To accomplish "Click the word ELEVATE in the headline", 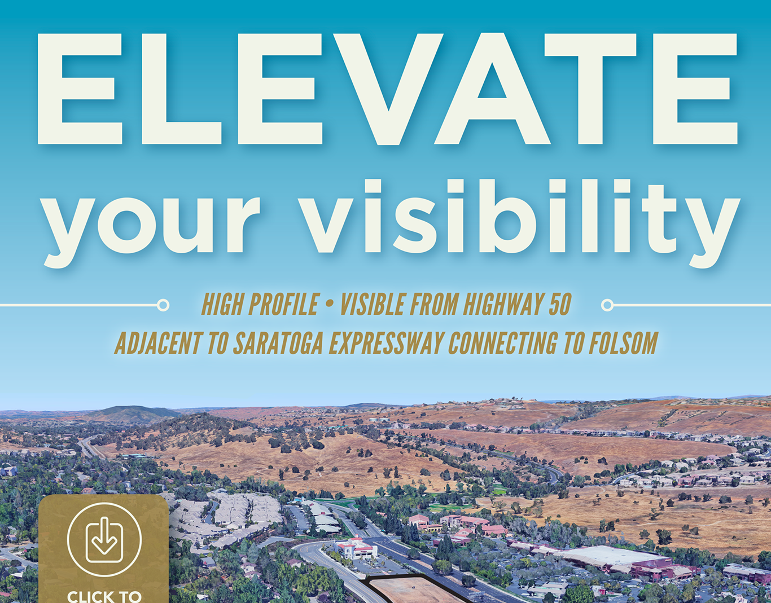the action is pos(387,89).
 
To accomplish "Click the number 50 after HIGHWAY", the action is pos(560,304).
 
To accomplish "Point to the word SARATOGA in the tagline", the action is pos(278,343).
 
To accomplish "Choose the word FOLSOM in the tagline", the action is pos(623,343).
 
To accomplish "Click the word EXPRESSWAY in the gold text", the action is pos(387,343).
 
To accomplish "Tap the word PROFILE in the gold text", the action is pos(284,304).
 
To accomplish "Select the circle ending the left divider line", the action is pos(163,305).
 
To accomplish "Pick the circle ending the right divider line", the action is pos(607,305).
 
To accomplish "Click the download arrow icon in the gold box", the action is pos(104,540).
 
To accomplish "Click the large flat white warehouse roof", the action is pos(611,555).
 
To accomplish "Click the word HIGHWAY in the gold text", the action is pos(504,304).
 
